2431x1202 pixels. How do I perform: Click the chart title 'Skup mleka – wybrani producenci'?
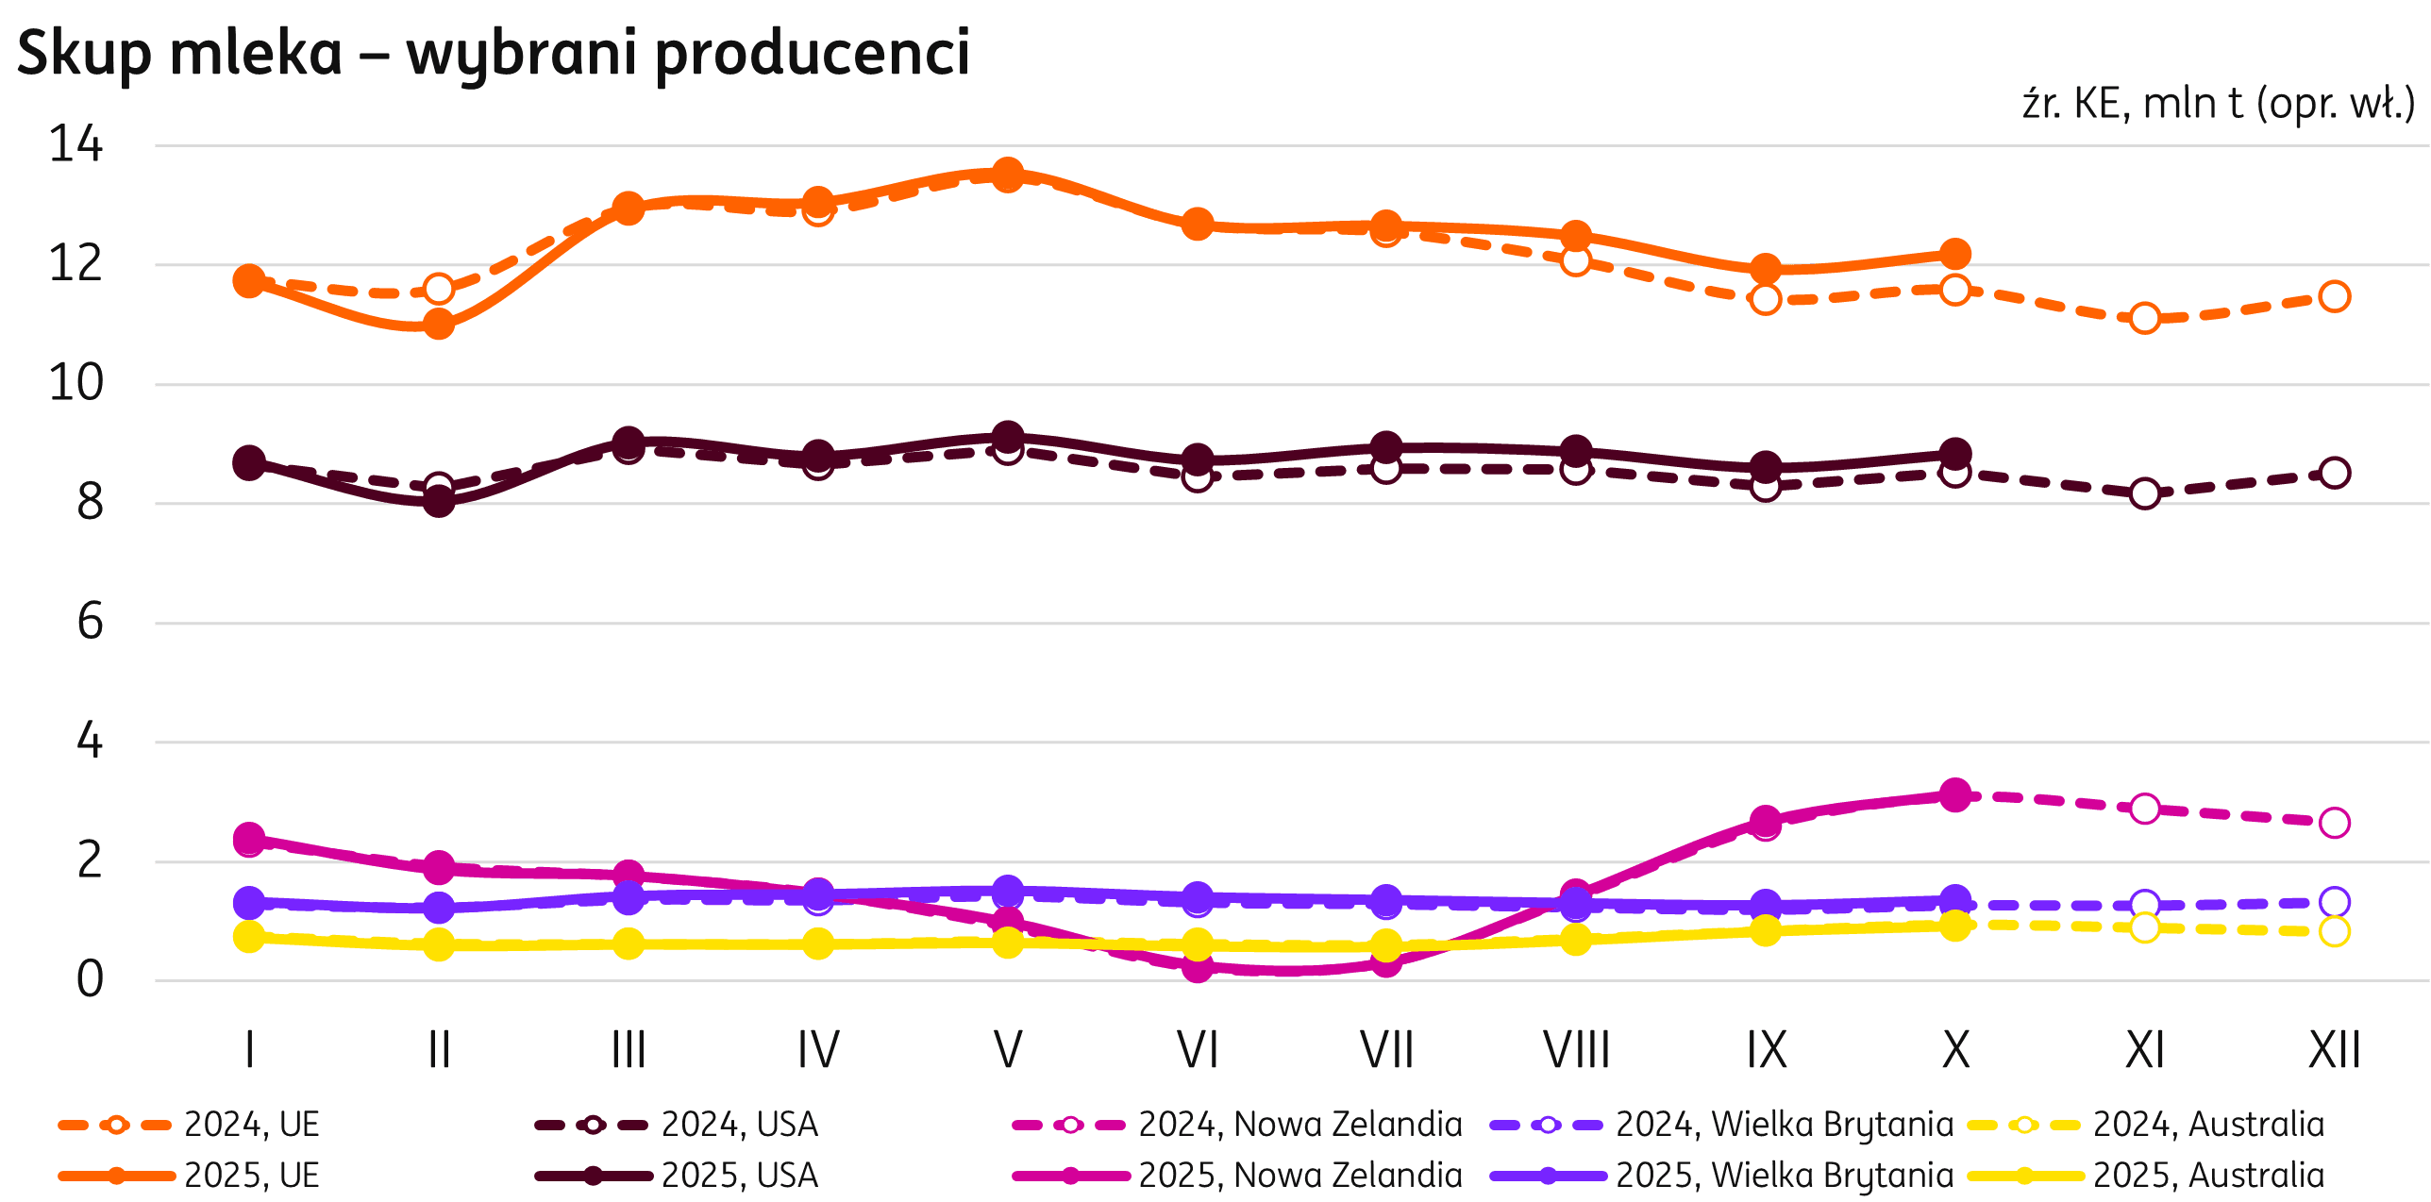(x=493, y=53)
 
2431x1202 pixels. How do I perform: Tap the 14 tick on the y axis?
(x=75, y=145)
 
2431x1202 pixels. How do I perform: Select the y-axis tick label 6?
(x=90, y=623)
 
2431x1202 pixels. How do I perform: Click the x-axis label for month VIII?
(x=1576, y=1049)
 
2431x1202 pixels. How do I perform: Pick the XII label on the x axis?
(x=2334, y=1049)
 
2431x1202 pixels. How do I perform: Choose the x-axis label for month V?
(x=1008, y=1049)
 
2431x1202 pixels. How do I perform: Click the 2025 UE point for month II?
(x=439, y=325)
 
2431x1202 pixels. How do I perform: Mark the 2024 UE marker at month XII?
(x=2334, y=296)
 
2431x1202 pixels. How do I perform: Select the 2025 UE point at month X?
(x=1955, y=254)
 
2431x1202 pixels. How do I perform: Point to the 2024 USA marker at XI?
(x=2145, y=493)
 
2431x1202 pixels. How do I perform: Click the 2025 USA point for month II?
(x=439, y=501)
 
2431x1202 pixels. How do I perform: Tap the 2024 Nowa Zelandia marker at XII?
(x=2334, y=823)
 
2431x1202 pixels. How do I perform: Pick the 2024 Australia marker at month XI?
(x=2145, y=927)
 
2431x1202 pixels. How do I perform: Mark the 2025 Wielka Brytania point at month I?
(x=249, y=903)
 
